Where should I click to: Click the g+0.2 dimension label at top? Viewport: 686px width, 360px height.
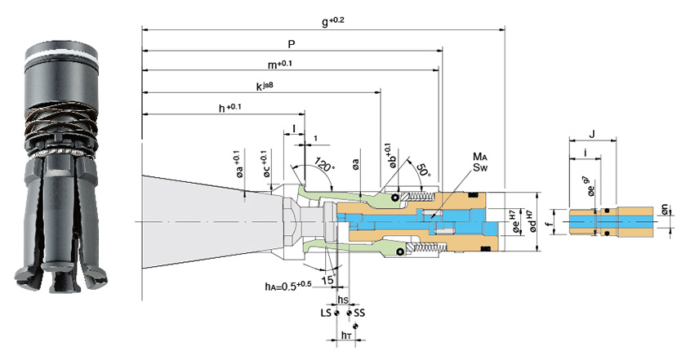tap(333, 21)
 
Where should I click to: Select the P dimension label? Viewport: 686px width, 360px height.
tap(292, 44)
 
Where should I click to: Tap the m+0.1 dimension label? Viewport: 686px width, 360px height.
tap(280, 64)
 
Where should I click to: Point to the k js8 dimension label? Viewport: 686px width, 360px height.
tap(265, 87)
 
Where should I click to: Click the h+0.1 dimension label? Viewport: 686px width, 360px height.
tap(229, 108)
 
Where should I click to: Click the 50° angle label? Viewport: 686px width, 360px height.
tap(423, 169)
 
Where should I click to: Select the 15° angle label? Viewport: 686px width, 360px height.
tap(328, 279)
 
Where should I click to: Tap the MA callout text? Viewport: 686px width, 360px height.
tap(480, 157)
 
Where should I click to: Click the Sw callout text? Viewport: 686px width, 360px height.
tap(480, 167)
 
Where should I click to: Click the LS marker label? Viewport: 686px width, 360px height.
tap(326, 313)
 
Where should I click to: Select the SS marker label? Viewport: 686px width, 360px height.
tap(359, 313)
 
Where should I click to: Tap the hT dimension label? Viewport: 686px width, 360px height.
tap(346, 335)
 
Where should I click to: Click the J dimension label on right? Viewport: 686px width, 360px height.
tap(592, 135)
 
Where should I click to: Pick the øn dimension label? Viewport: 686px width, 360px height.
tap(665, 209)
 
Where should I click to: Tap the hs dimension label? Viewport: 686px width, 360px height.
tap(344, 300)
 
